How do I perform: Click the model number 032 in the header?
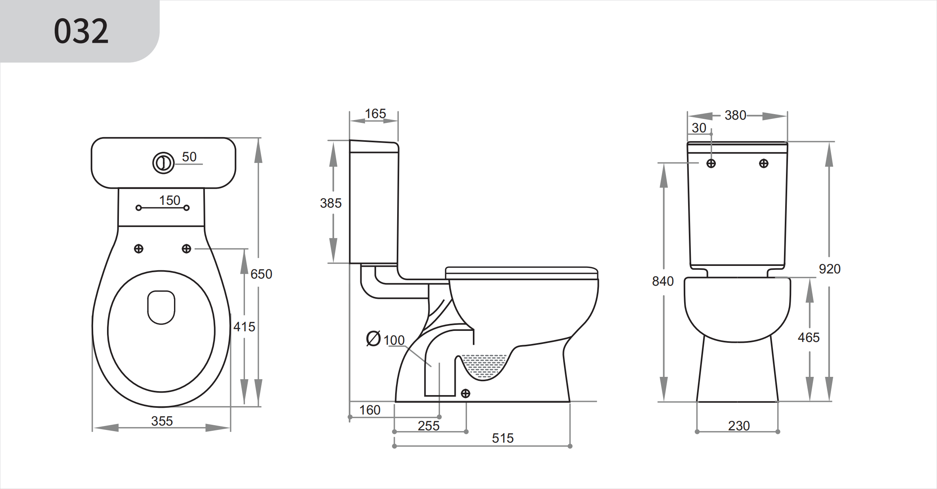[81, 31]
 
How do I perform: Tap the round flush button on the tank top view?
[163, 163]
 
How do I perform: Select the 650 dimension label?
[261, 274]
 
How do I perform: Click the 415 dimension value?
[244, 327]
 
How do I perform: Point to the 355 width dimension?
[162, 421]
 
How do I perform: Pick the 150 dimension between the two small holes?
[170, 201]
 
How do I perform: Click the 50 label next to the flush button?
[189, 157]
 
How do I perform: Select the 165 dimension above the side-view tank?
[375, 114]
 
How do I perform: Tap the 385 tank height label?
[331, 203]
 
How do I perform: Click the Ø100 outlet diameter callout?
[385, 340]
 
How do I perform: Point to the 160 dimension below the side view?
[369, 410]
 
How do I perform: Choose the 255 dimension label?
[428, 426]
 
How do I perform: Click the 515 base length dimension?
[503, 438]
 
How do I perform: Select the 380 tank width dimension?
[735, 116]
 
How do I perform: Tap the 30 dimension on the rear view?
[699, 128]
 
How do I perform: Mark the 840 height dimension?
[663, 281]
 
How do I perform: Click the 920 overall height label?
[830, 269]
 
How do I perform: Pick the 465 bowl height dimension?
[809, 338]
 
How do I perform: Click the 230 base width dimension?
[739, 426]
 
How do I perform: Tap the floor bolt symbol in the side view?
[466, 393]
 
